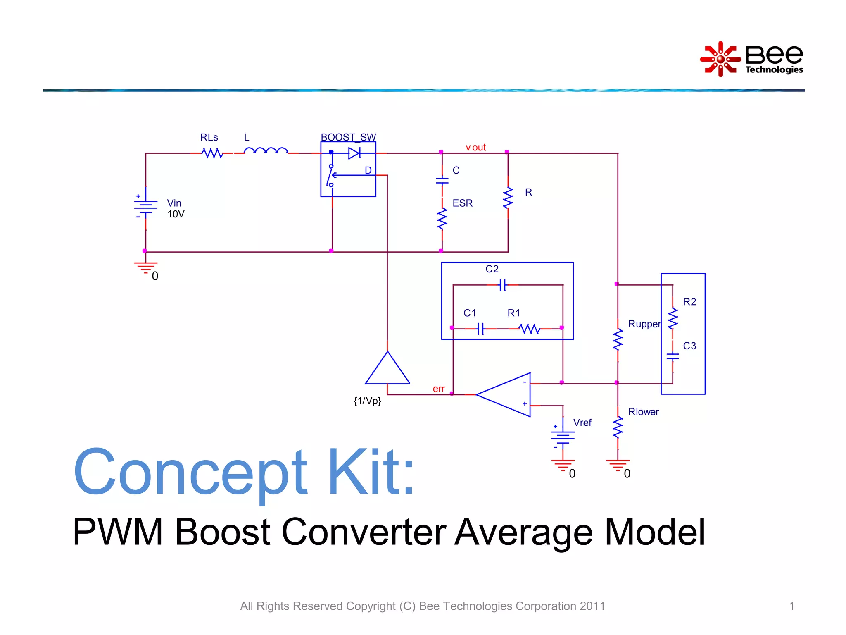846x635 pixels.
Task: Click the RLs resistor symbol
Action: click(212, 153)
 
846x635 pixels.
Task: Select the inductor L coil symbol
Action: click(266, 151)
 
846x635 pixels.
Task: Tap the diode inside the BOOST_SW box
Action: click(354, 153)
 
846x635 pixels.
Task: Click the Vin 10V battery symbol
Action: click(146, 207)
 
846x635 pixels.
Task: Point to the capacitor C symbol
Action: click(442, 180)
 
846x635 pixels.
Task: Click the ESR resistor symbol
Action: click(442, 219)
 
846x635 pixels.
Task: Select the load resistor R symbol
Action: click(508, 198)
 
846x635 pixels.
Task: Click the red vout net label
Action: click(476, 147)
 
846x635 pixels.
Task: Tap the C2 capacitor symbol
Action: click(502, 285)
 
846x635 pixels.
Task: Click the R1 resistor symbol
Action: click(529, 329)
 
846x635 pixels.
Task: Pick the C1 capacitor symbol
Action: click(480, 329)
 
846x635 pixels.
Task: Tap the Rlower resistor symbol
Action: click(618, 427)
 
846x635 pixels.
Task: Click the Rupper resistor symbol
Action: click(618, 340)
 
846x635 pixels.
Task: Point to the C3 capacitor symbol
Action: click(673, 356)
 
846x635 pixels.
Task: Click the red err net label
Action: click(438, 389)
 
